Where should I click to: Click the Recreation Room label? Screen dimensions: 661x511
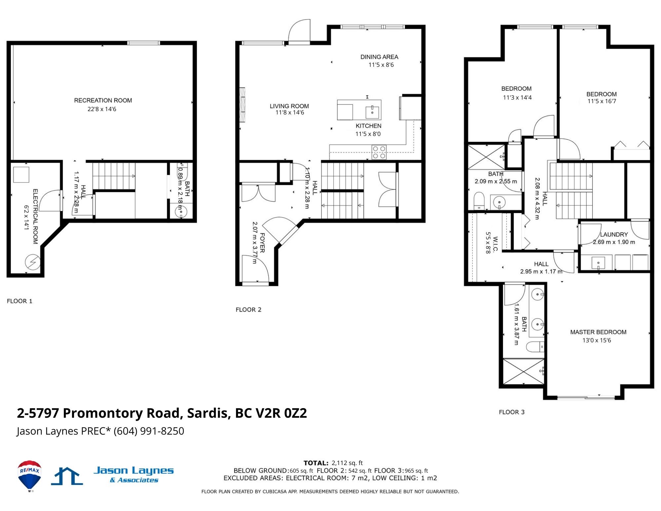[x=103, y=100]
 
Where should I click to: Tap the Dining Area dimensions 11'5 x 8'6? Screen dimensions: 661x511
[x=381, y=65]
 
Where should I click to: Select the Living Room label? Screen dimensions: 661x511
[x=289, y=106]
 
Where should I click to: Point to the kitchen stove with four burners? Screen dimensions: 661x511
[x=379, y=152]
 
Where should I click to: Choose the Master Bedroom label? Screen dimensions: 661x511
[x=598, y=332]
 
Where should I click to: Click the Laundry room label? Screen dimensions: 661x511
[x=614, y=234]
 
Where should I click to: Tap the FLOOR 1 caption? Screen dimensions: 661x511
[x=19, y=301]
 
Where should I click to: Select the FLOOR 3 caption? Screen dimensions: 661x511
[x=512, y=412]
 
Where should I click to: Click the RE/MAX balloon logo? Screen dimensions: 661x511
[x=30, y=475]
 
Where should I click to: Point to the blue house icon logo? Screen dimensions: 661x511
[x=67, y=476]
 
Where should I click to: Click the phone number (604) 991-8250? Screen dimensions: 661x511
[x=149, y=431]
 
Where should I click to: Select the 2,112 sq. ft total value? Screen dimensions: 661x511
[x=347, y=463]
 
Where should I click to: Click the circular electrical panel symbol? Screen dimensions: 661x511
[x=33, y=262]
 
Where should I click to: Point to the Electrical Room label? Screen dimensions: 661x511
[x=35, y=217]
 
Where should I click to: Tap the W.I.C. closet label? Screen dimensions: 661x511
[x=495, y=244]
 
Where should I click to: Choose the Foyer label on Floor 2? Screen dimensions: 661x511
[x=262, y=243]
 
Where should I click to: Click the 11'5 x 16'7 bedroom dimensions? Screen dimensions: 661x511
[x=602, y=101]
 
